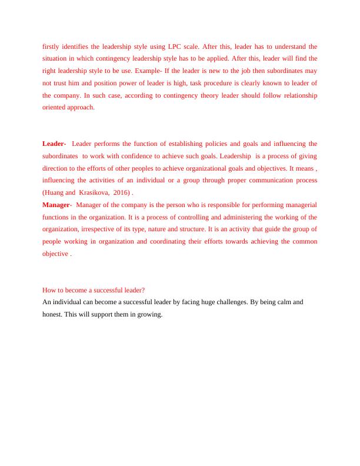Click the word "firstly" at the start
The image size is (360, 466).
[x=52, y=46]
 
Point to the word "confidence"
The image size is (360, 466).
[x=154, y=156]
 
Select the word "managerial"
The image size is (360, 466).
[x=298, y=205]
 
